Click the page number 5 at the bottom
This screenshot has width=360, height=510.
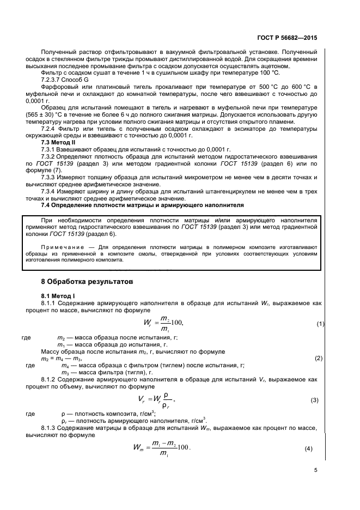coord(315,471)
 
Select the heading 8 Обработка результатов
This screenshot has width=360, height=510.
coord(82,282)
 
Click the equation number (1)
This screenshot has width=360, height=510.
coord(321,324)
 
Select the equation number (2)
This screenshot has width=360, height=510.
coord(319,358)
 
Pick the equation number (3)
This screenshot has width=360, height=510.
coord(314,400)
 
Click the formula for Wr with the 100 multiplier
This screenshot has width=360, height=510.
coord(162,324)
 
